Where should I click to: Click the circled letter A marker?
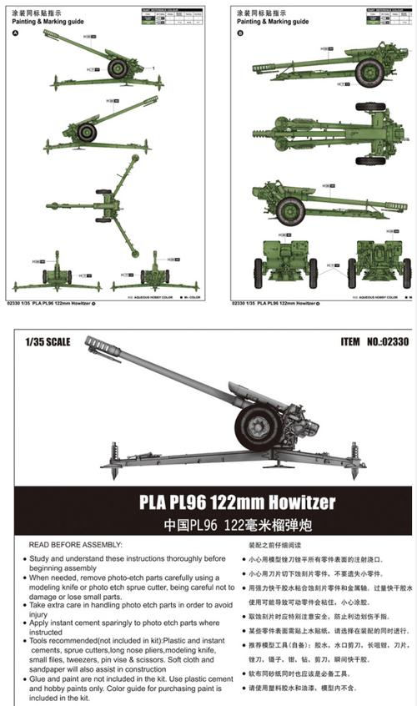(x=14, y=33)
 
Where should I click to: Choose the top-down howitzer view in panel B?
(x=334, y=133)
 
